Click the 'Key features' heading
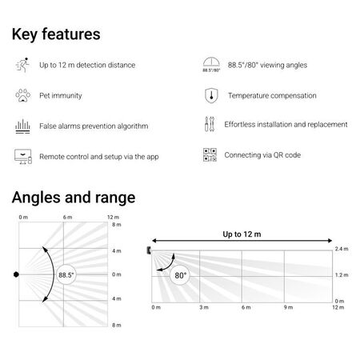(x=55, y=34)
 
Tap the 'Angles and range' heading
(x=74, y=197)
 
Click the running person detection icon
(x=22, y=64)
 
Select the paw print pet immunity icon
(x=22, y=95)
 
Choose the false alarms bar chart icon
(x=22, y=126)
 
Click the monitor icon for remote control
(x=22, y=156)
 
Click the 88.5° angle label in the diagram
(x=66, y=274)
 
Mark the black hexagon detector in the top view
(x=16, y=274)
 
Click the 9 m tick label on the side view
(x=287, y=307)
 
